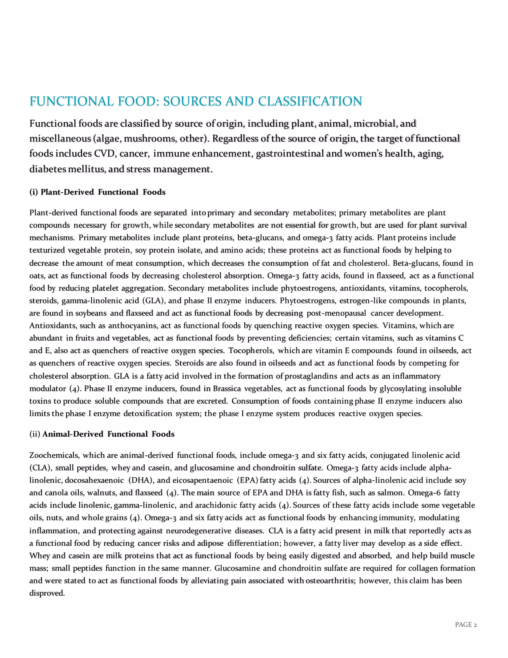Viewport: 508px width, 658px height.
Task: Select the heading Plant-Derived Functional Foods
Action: (103, 192)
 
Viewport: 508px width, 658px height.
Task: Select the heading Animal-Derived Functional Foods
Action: (108, 434)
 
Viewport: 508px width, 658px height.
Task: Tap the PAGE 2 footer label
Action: (466, 624)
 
